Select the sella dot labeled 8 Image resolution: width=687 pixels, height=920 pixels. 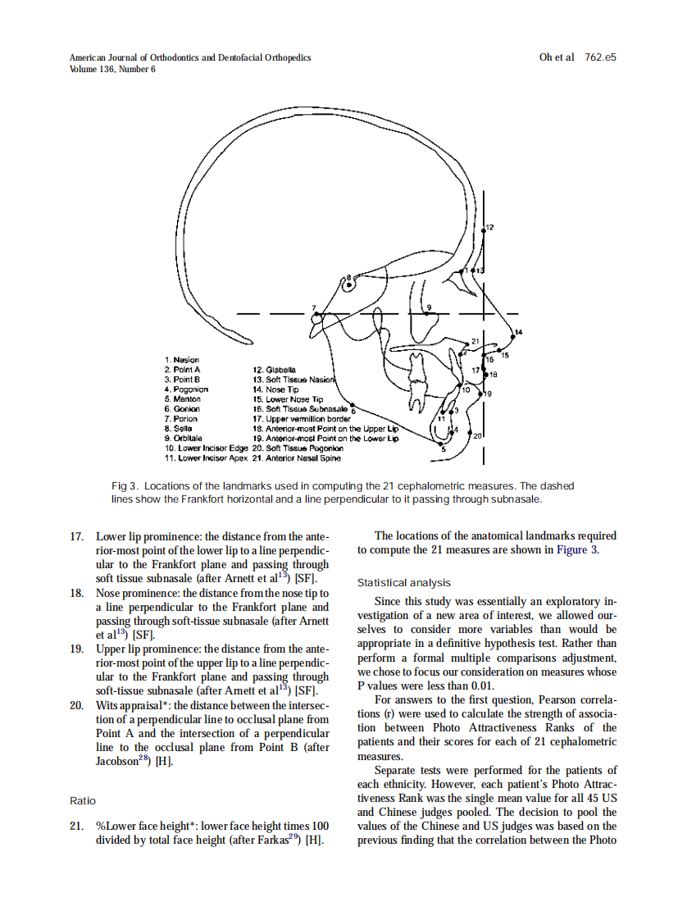click(348, 285)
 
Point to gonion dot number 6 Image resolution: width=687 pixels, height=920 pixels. click(353, 404)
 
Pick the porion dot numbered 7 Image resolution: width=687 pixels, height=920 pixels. click(321, 314)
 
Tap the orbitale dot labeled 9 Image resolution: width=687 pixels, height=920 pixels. click(425, 313)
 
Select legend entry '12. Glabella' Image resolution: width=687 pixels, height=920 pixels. click(275, 370)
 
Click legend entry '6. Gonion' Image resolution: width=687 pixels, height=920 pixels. click(183, 409)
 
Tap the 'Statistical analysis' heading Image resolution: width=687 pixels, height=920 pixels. click(403, 583)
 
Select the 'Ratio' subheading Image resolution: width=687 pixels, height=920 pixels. click(83, 800)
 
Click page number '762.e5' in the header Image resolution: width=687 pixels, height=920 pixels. click(600, 58)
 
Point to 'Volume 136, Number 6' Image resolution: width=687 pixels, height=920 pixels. click(112, 70)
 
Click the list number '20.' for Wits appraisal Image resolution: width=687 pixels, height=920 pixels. click(79, 705)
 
